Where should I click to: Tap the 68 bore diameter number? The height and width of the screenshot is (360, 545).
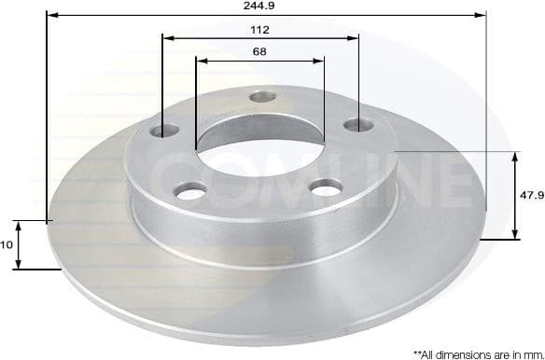click(x=259, y=51)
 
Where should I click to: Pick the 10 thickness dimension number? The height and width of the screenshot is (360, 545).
click(x=7, y=244)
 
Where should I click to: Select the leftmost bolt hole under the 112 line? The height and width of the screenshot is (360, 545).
click(x=169, y=129)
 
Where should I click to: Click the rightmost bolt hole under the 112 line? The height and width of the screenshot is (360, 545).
click(x=355, y=124)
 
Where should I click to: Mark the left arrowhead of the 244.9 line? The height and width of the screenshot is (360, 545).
click(x=51, y=15)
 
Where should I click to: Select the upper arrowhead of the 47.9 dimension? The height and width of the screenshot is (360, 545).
click(x=515, y=156)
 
